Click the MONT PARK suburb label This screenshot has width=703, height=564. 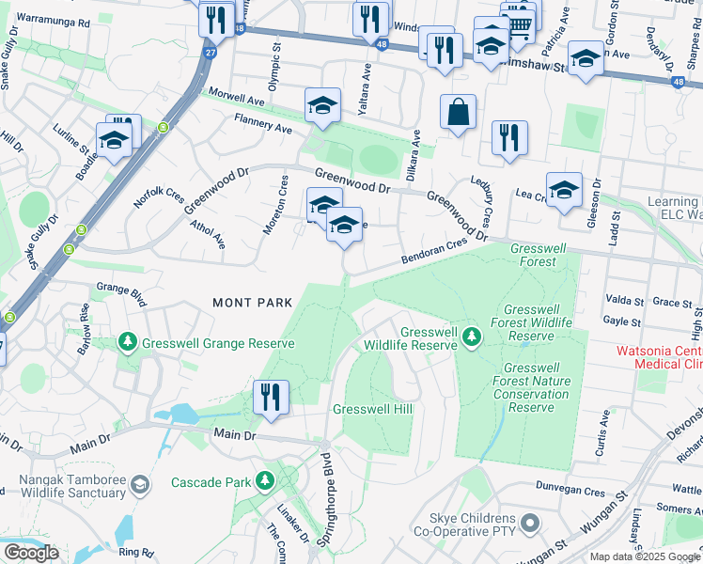(253, 303)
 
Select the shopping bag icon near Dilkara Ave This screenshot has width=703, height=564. (458, 114)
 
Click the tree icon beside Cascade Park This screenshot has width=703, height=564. (266, 481)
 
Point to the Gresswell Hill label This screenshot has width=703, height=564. (373, 409)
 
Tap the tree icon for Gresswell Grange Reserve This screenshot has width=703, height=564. (127, 343)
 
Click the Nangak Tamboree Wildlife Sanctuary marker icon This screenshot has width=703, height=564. (140, 484)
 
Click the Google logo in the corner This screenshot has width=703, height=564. (31, 552)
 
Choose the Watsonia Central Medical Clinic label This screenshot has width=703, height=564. (658, 357)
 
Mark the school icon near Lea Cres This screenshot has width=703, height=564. (564, 191)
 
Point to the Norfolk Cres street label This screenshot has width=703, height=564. (159, 193)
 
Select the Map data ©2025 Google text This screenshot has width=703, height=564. (645, 556)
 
